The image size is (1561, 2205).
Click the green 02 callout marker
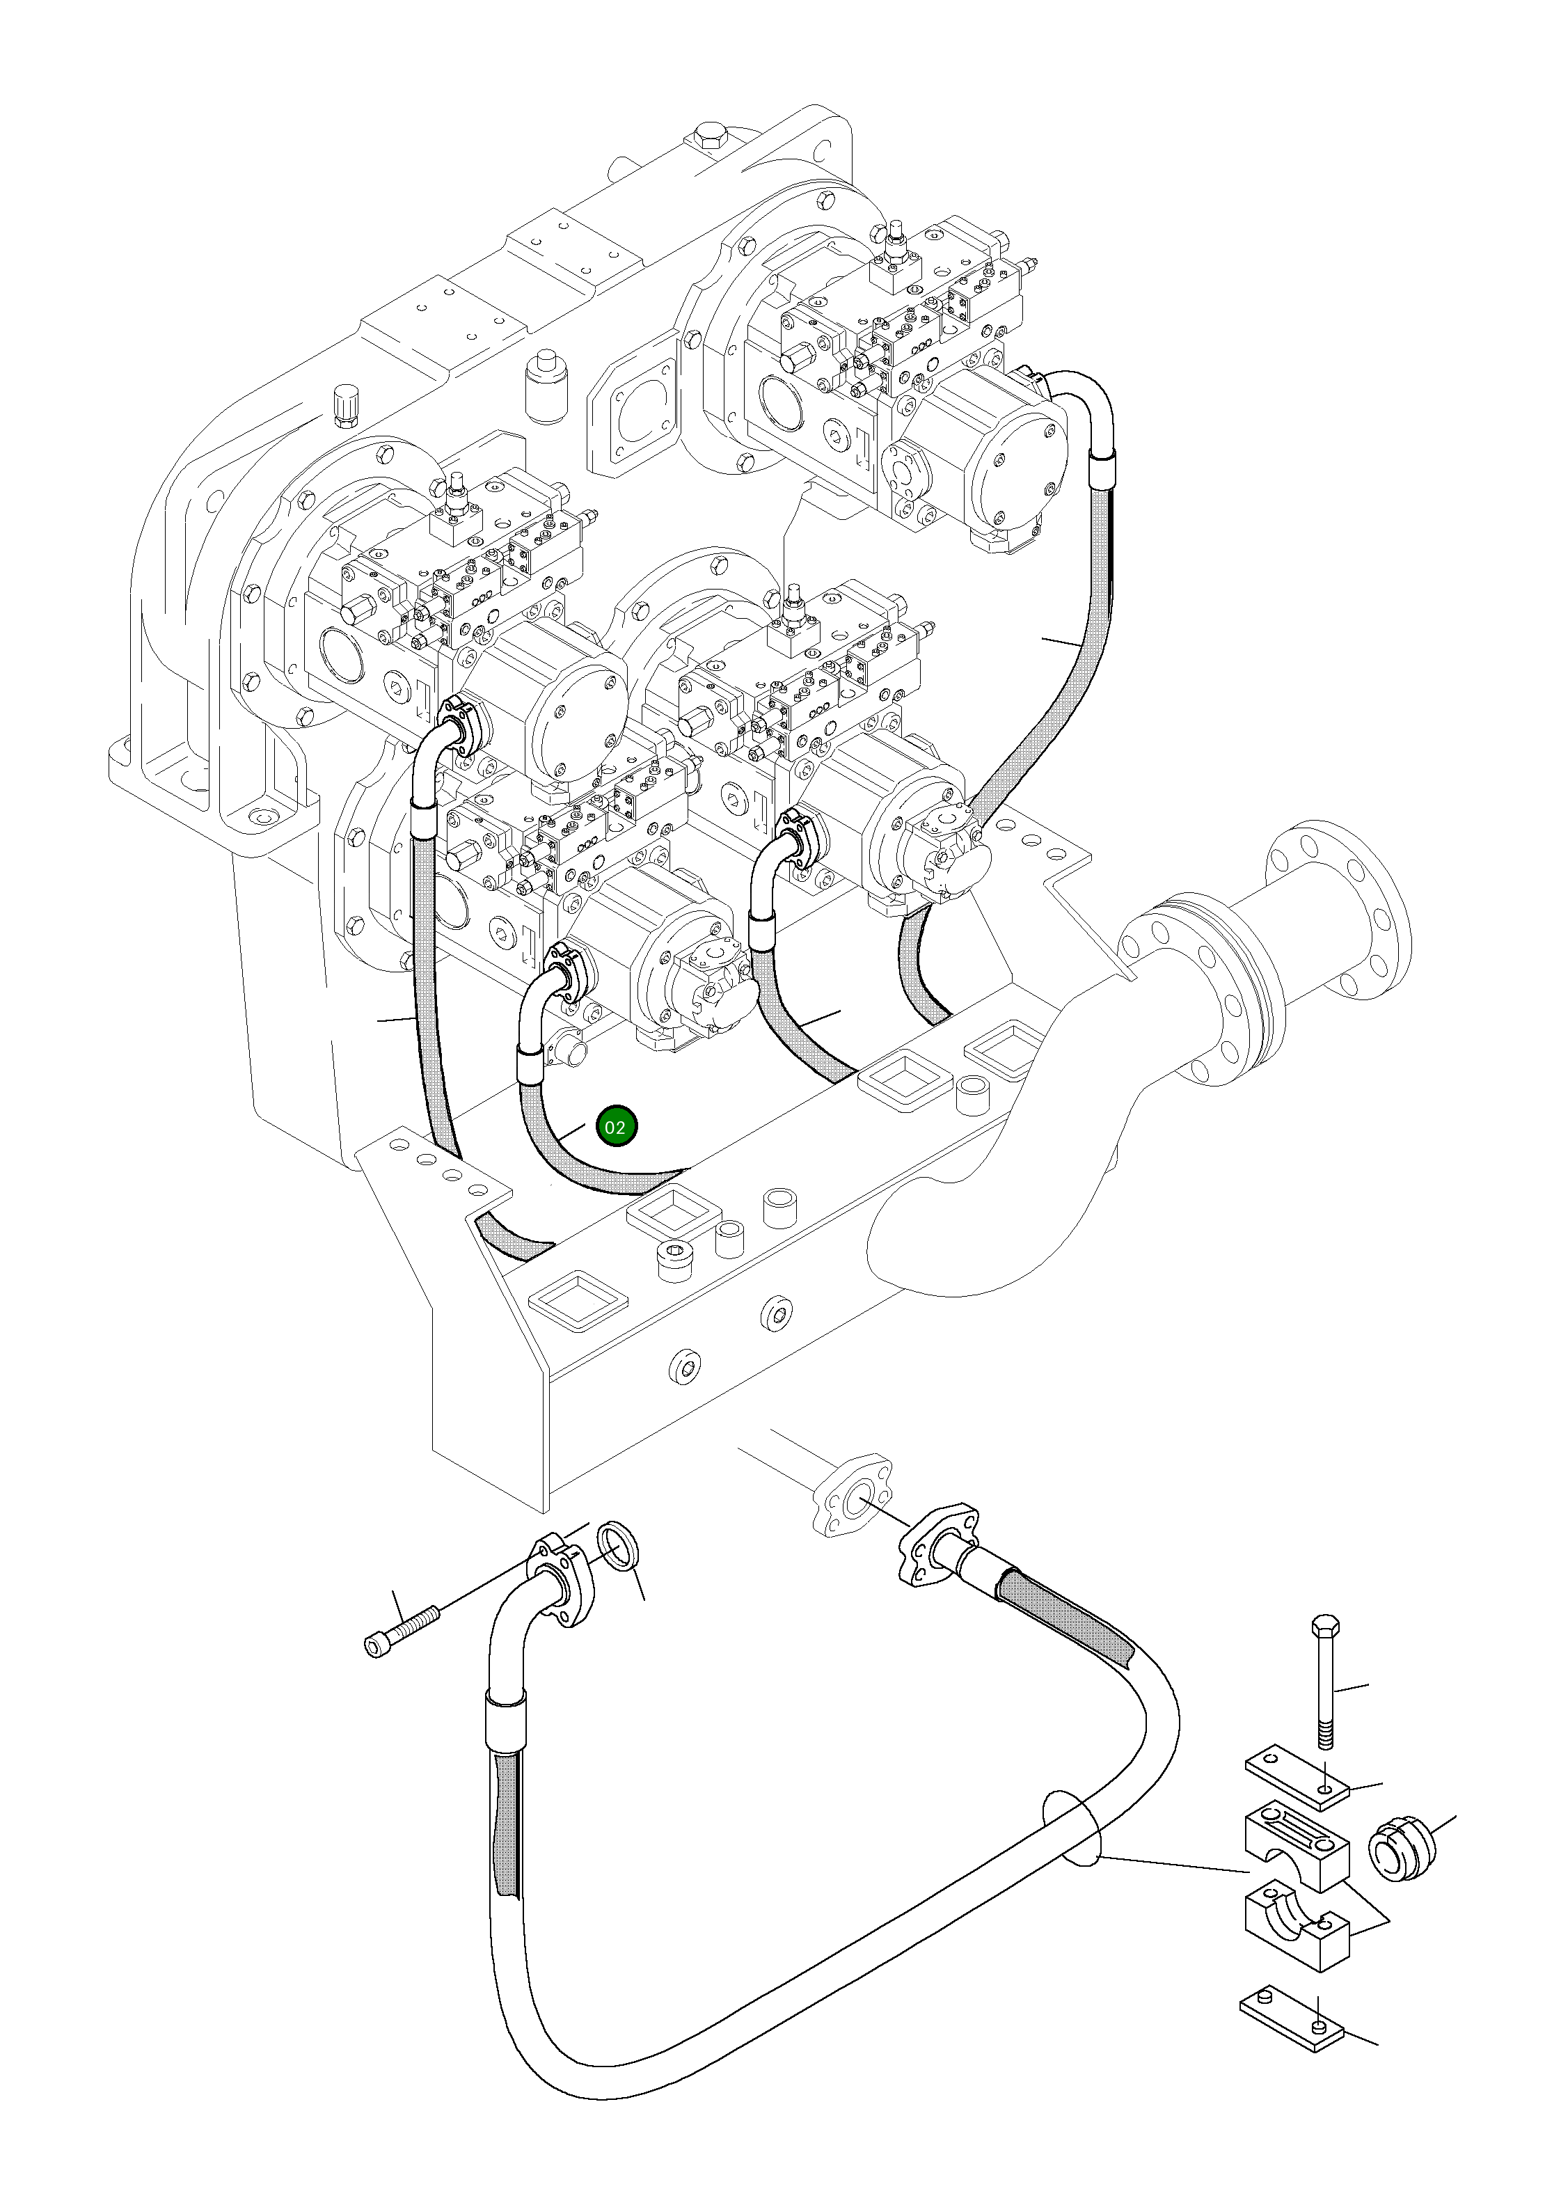(615, 1128)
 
